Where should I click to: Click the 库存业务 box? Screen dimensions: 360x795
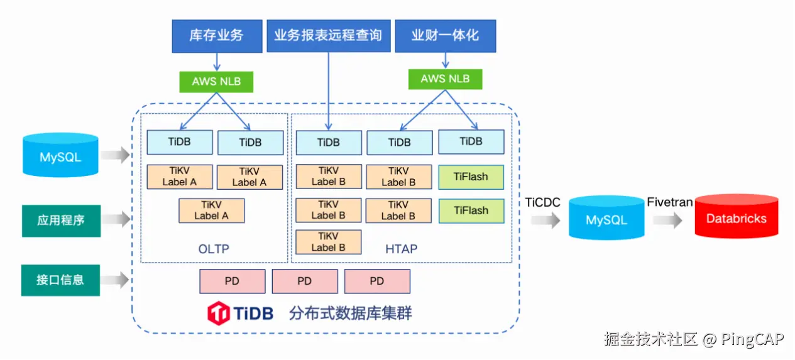(x=217, y=36)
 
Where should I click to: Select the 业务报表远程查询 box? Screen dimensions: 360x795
(x=328, y=36)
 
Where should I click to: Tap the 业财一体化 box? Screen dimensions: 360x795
(x=445, y=36)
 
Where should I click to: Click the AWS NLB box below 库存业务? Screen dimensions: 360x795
(x=216, y=82)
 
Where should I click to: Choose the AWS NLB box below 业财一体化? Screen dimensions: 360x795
(x=445, y=79)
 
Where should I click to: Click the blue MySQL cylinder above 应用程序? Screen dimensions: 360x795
(x=60, y=155)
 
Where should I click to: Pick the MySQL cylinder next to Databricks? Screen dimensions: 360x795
(x=606, y=218)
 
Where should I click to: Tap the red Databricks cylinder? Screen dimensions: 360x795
(x=736, y=217)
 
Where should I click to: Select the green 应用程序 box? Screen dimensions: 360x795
(x=61, y=221)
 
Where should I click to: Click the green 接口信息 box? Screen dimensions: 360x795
(x=60, y=280)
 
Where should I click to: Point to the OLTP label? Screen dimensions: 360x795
(x=214, y=249)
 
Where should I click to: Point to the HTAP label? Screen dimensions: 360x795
(x=401, y=249)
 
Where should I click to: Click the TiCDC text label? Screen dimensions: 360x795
(x=542, y=202)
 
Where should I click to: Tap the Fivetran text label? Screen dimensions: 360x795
(x=669, y=202)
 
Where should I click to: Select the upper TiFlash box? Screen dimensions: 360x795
(x=471, y=177)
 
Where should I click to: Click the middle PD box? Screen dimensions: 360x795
(x=305, y=281)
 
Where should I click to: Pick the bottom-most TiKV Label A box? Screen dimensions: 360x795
(x=211, y=210)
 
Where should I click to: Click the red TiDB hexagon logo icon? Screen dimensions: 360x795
(x=219, y=312)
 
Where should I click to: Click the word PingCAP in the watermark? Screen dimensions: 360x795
(x=752, y=340)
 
